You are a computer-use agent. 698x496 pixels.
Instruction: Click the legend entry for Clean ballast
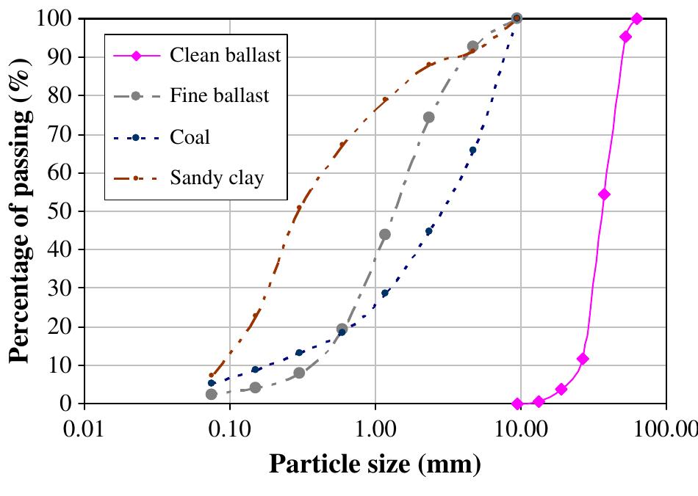(225, 56)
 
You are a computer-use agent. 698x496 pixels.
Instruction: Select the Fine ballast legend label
(219, 96)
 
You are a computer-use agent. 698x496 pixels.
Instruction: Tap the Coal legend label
(190, 136)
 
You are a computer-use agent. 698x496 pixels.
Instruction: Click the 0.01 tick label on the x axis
(85, 426)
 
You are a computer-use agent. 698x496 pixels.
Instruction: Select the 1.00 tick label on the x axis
(375, 426)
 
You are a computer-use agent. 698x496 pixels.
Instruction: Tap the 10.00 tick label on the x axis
(521, 426)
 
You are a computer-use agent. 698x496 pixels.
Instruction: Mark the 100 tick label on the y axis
(54, 18)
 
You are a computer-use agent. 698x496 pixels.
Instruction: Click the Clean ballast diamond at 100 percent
(637, 18)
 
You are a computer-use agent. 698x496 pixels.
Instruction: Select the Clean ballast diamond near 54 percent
(604, 194)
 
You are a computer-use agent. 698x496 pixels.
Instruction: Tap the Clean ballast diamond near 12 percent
(583, 359)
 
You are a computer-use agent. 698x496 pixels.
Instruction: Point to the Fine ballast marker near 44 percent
(384, 235)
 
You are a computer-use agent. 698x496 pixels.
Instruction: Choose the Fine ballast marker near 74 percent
(428, 117)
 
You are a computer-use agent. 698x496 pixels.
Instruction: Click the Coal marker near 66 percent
(472, 150)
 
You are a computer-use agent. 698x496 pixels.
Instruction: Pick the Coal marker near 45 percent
(429, 231)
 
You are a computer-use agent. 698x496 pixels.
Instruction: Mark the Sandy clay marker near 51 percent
(298, 208)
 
